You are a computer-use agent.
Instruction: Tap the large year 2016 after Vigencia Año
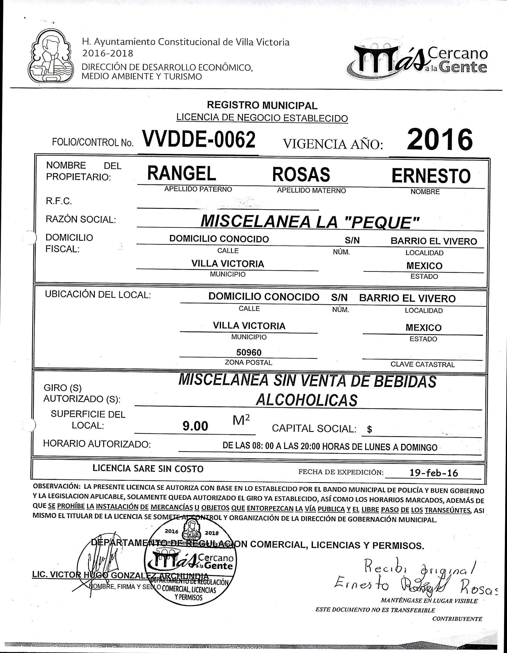click(440, 140)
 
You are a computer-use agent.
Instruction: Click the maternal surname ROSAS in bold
click(301, 174)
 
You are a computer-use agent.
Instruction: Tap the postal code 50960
click(249, 352)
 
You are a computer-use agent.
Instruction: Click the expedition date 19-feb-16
click(434, 473)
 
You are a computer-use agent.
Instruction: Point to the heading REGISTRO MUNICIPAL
click(262, 105)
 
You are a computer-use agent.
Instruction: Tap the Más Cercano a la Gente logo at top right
click(420, 59)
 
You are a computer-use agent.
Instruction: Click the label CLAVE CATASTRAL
click(422, 365)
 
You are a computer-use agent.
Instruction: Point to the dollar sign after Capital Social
click(370, 430)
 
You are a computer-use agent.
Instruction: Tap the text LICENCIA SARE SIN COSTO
click(148, 469)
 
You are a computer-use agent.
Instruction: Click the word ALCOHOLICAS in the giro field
click(306, 399)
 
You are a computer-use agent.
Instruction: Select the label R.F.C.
click(58, 201)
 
